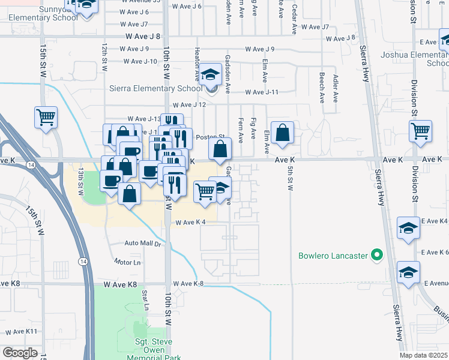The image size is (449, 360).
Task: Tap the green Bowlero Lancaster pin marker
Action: pyautogui.click(x=377, y=256)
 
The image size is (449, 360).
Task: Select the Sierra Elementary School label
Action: pyautogui.click(x=156, y=89)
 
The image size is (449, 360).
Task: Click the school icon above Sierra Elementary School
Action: pyautogui.click(x=210, y=75)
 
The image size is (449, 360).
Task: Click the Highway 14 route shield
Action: pyautogui.click(x=82, y=261)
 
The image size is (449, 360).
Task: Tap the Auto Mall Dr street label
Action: pyautogui.click(x=143, y=244)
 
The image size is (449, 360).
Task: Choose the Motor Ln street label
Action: pyautogui.click(x=128, y=262)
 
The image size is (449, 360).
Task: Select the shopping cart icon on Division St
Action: pyautogui.click(x=420, y=130)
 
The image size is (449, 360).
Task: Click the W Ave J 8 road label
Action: pyautogui.click(x=143, y=36)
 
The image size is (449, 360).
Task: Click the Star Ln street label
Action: pyautogui.click(x=145, y=296)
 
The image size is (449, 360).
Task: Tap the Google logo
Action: pyautogui.click(x=20, y=353)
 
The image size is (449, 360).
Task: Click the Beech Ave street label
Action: pyautogui.click(x=322, y=86)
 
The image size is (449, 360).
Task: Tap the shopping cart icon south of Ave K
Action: pyautogui.click(x=205, y=191)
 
